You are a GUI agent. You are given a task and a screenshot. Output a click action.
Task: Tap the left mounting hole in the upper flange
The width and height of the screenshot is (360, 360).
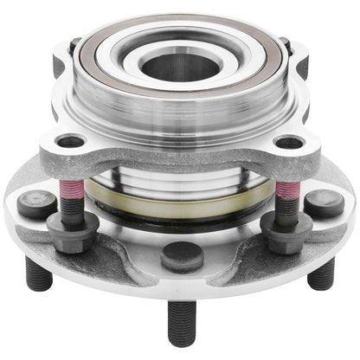pos(70,141)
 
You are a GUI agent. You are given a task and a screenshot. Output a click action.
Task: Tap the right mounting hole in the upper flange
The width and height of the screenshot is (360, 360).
pos(290,143)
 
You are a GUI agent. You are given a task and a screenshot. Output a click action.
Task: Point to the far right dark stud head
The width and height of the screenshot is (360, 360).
pos(324,203)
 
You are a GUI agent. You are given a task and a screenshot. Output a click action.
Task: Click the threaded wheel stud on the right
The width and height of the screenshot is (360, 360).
pos(321,273)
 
